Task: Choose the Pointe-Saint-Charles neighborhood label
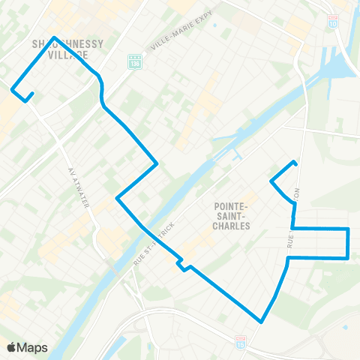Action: click(232, 214)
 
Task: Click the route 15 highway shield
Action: click(240, 339)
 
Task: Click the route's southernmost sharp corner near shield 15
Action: click(260, 322)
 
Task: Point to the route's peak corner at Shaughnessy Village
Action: click(55, 37)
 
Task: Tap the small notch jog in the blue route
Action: click(181, 265)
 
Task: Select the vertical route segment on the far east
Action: click(348, 243)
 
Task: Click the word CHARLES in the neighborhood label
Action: click(232, 224)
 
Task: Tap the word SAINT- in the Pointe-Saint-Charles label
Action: click(232, 214)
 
